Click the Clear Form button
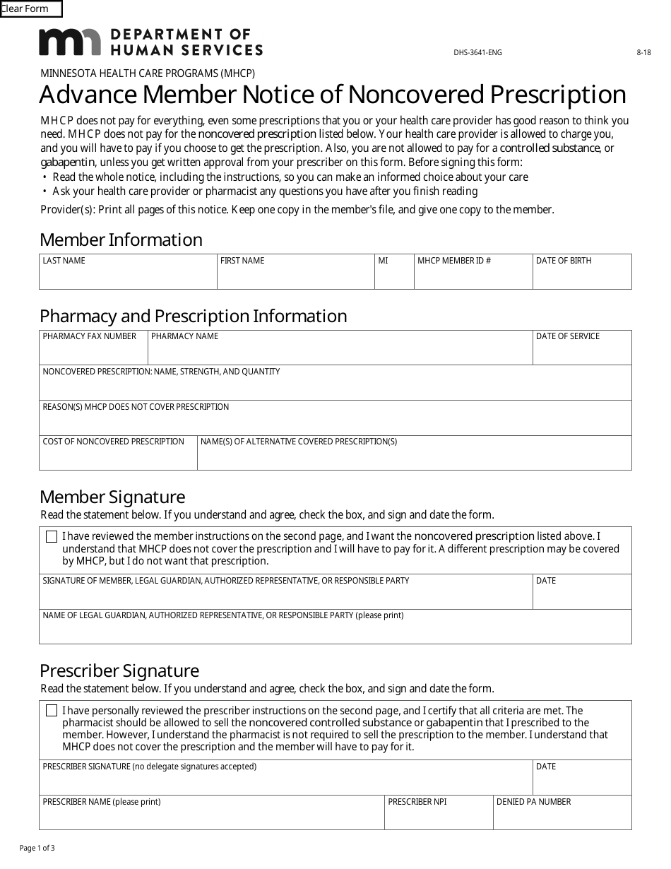click(x=31, y=9)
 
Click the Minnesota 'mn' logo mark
click(x=69, y=42)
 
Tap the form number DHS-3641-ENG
click(x=477, y=52)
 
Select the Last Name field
click(x=128, y=276)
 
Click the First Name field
click(x=295, y=276)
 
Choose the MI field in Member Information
click(x=394, y=276)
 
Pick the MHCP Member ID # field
click(x=473, y=276)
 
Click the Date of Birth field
click(x=582, y=276)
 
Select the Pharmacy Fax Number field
click(x=93, y=351)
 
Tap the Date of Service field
click(x=582, y=351)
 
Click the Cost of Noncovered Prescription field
click(x=118, y=457)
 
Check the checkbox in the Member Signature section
click(x=52, y=537)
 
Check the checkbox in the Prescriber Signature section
click(x=52, y=711)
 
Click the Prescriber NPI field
click(x=439, y=816)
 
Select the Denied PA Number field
click(x=562, y=816)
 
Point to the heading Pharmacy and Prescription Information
click(x=194, y=316)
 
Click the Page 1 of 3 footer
click(x=37, y=848)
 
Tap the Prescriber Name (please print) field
click(x=212, y=816)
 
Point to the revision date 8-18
click(x=643, y=52)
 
